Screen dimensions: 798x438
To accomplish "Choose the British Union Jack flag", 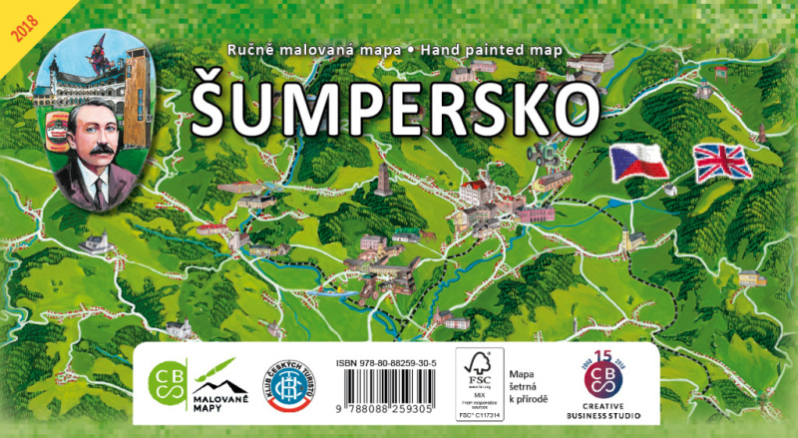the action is click(723, 163).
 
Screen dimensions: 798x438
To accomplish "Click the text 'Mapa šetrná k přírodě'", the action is click(529, 384).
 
